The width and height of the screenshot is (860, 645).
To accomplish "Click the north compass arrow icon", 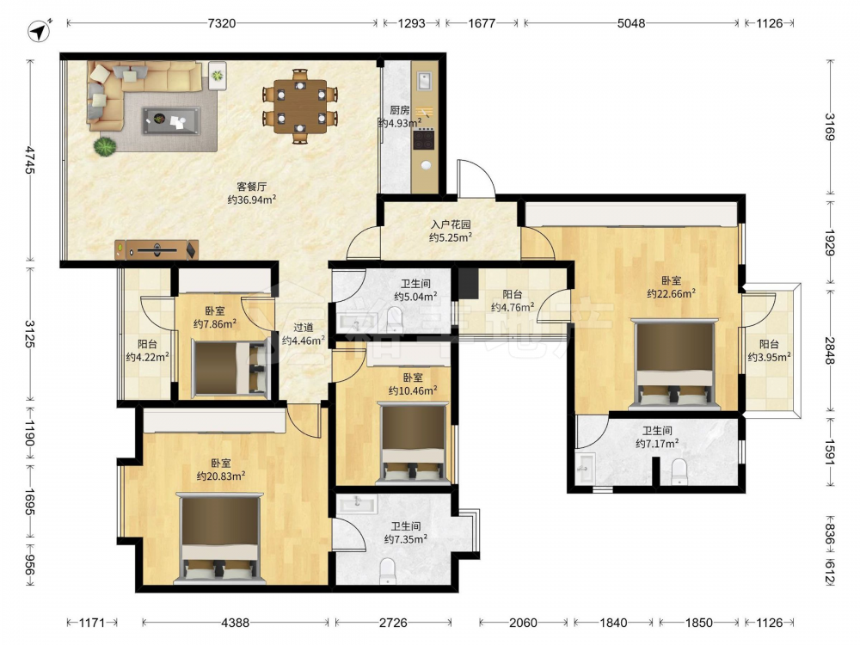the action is click(39, 31).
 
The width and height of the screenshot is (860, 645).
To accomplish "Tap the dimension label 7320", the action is click(222, 23).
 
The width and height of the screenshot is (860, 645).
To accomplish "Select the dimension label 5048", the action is click(631, 23).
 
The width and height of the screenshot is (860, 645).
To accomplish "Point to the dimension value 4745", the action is click(29, 160).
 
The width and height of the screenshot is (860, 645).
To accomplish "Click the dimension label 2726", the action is click(393, 623).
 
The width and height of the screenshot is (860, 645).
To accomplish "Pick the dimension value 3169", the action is click(830, 126).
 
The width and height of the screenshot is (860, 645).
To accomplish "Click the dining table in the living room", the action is click(299, 106).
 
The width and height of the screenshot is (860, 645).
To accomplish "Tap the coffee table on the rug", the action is click(171, 120).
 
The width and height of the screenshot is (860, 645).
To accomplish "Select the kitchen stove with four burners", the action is click(423, 139).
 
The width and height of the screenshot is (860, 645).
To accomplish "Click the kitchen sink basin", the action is click(424, 81).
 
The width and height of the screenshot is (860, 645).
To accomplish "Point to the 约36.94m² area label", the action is click(252, 200).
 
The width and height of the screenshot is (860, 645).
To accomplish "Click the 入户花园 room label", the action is click(451, 224).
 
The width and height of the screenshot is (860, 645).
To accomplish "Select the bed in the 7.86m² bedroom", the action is click(230, 367).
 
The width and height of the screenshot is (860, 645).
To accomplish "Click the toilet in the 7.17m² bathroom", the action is click(679, 472).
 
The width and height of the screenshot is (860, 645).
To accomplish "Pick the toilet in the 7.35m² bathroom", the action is click(387, 570).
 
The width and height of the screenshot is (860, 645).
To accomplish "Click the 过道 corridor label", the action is click(304, 328).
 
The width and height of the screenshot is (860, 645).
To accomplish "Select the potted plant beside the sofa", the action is click(104, 147).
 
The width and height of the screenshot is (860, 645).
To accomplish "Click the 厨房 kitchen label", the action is click(400, 110).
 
